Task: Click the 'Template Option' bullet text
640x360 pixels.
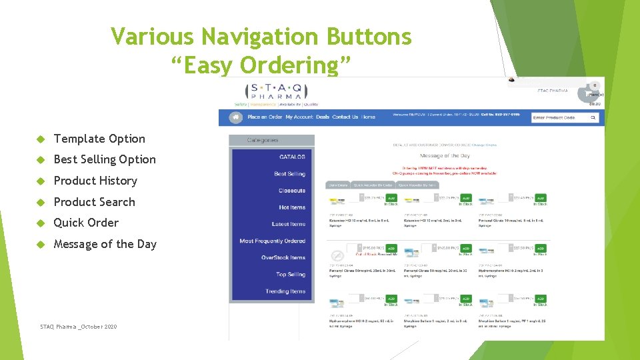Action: coord(99,139)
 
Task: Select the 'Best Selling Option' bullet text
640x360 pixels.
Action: coord(105,159)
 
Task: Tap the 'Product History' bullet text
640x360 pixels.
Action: coord(95,181)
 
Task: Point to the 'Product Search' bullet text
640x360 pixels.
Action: coord(94,202)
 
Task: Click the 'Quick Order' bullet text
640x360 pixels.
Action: coord(86,223)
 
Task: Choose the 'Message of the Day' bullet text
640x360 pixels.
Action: coord(105,244)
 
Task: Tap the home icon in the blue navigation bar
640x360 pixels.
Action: coord(235,117)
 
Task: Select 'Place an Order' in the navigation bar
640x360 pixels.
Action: coord(265,117)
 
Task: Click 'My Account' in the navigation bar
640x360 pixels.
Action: coord(299,117)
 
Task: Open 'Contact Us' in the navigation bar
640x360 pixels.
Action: coord(345,117)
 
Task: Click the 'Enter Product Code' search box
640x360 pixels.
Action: coord(559,118)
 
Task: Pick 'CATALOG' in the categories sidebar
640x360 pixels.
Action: coord(292,157)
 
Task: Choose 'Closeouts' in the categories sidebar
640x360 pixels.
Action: coord(292,191)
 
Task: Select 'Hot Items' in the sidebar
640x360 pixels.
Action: coord(292,207)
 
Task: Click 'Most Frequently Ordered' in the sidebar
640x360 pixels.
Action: coord(273,241)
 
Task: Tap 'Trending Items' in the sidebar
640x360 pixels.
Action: coord(285,291)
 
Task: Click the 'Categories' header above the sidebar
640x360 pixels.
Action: coord(263,140)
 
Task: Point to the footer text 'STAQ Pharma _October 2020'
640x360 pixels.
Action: coord(78,327)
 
